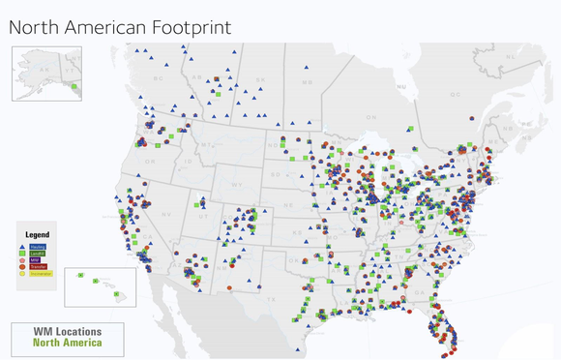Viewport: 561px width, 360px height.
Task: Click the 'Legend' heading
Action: (37, 234)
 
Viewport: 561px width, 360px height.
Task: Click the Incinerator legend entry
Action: (41, 274)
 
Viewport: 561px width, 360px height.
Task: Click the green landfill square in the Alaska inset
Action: (73, 87)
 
